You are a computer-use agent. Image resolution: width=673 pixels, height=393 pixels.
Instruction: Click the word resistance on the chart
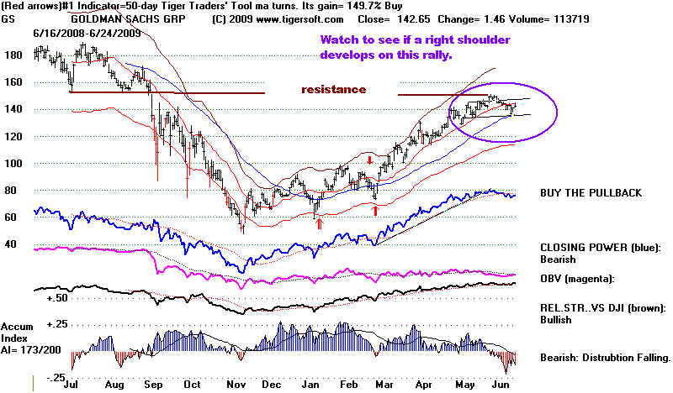pos(335,89)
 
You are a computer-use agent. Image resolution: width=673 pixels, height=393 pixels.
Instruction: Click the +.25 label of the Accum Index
pos(58,325)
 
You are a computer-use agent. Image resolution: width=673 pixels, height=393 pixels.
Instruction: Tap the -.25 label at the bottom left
pos(56,379)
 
